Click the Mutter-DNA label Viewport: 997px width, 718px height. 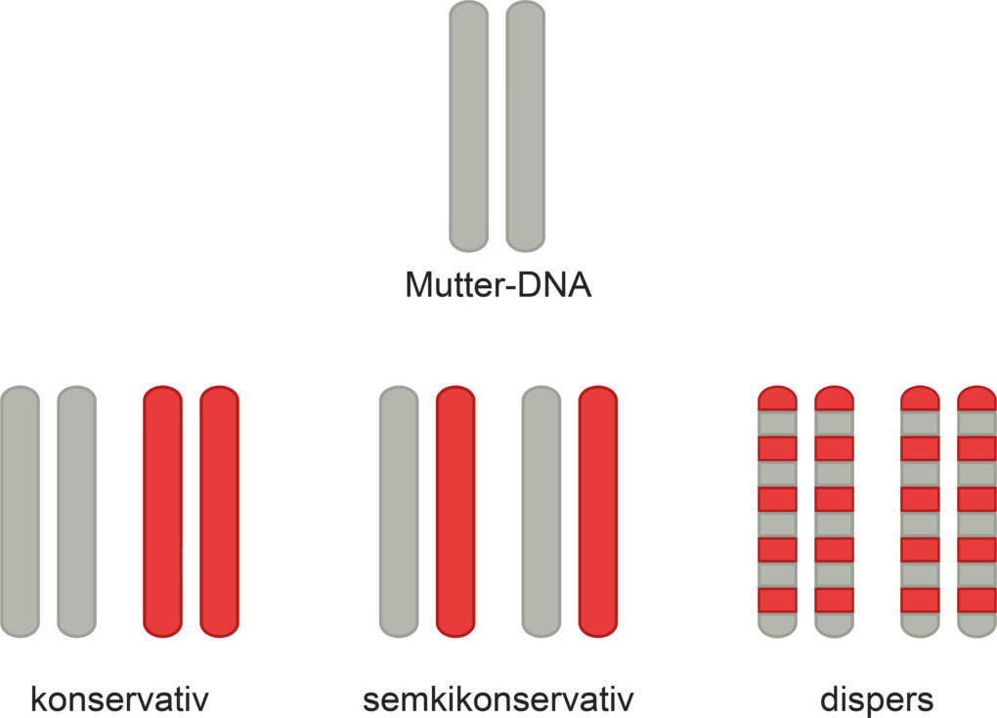pos(498,286)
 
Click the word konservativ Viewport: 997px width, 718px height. pos(121,699)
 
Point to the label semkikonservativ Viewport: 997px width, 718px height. pos(498,699)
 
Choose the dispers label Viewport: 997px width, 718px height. pos(877,699)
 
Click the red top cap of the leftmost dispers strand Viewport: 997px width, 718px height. pos(778,398)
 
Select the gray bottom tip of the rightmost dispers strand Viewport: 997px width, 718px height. pos(976,626)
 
